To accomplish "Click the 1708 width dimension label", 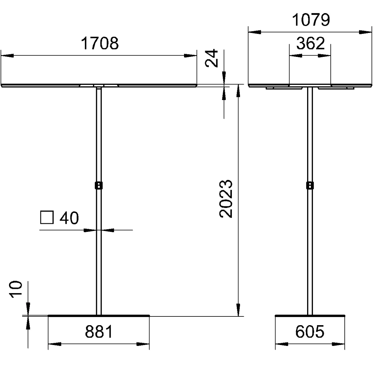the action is click(x=100, y=44).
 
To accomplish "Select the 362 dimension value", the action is click(x=310, y=43).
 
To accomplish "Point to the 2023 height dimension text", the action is click(x=226, y=199).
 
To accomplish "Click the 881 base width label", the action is click(x=99, y=332).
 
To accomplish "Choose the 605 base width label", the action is click(x=310, y=332).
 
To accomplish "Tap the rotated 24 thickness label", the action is click(x=211, y=58).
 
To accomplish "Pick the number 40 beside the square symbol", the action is click(x=69, y=218).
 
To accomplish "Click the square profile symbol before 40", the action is click(x=47, y=217).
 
